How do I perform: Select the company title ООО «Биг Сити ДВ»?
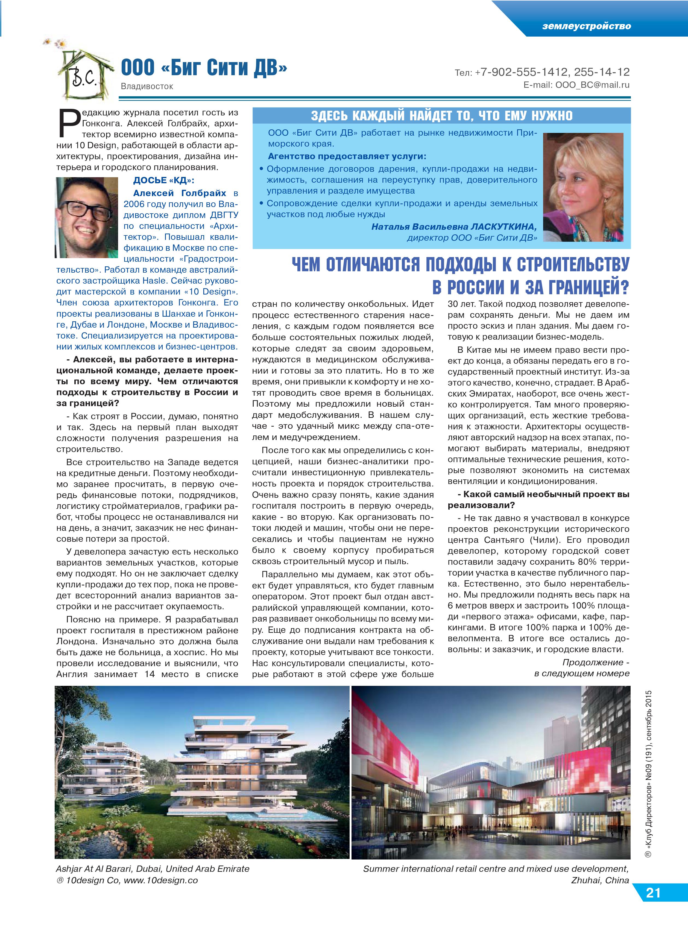pyautogui.click(x=204, y=68)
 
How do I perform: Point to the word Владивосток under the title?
pyautogui.click(x=147, y=86)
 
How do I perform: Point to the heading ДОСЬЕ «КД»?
pyautogui.click(x=164, y=180)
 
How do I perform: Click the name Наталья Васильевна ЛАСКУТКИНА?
pyautogui.click(x=454, y=227)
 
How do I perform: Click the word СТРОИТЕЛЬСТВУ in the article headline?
pyautogui.click(x=573, y=264)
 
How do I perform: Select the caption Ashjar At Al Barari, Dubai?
pyautogui.click(x=152, y=869)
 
